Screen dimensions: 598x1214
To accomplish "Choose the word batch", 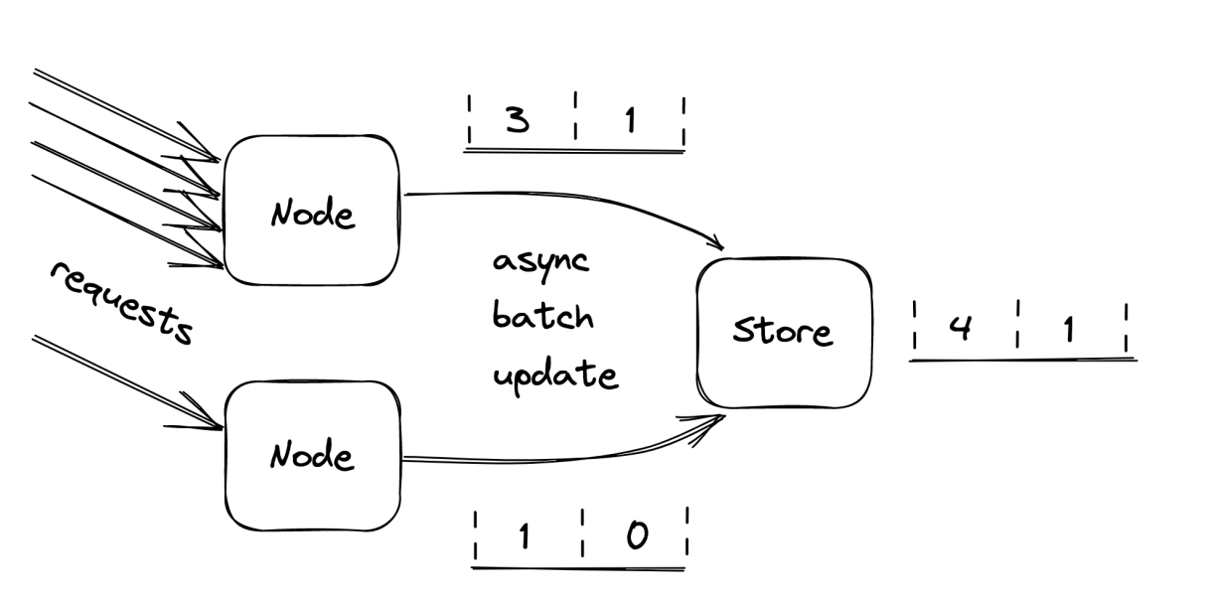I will (x=542, y=318).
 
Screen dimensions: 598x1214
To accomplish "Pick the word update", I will (x=555, y=376).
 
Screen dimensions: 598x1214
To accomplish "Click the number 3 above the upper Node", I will (x=517, y=120).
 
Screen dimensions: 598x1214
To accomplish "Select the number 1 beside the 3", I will (x=630, y=120).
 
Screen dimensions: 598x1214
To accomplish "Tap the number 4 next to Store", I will (x=960, y=328).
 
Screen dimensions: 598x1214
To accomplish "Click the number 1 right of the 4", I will (x=1069, y=329).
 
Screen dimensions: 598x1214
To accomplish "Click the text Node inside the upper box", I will (x=311, y=213).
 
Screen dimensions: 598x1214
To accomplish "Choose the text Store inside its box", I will (x=783, y=332).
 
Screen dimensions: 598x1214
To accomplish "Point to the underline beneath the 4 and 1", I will (x=1023, y=359).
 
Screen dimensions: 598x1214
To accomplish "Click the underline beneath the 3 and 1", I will (x=574, y=151).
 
